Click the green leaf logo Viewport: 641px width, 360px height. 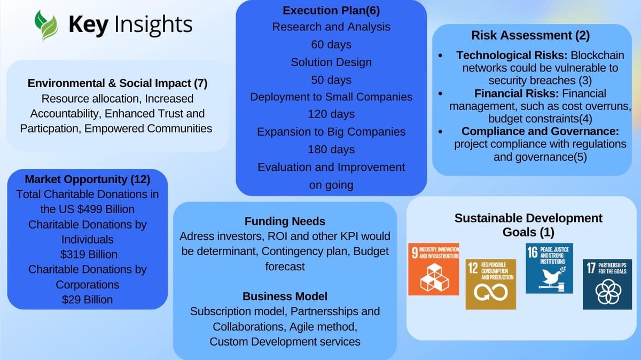coord(46,26)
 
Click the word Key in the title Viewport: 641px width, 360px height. coord(89,25)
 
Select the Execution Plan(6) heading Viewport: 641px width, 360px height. coord(331,11)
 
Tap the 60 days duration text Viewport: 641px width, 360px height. coord(331,45)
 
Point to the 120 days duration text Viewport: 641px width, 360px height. coord(331,114)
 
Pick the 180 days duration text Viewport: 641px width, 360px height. coord(331,150)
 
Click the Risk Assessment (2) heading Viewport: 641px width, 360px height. coord(530,35)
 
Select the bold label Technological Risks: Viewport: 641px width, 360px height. coord(512,55)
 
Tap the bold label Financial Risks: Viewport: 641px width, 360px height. coord(517,93)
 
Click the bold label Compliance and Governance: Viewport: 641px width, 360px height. coord(540,131)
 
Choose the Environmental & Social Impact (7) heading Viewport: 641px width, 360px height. coord(118,83)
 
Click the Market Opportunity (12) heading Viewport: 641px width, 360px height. coord(88,179)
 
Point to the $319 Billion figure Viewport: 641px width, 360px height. coord(89,254)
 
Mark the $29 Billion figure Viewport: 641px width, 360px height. coord(87,300)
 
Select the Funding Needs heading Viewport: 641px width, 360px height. coord(285,222)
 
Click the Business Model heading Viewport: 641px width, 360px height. coord(285,296)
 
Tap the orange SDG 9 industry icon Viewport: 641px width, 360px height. coord(434,269)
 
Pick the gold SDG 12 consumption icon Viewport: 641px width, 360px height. coord(491,284)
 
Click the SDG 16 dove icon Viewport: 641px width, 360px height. coord(550,268)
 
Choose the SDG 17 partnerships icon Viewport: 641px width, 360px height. coord(607,284)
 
